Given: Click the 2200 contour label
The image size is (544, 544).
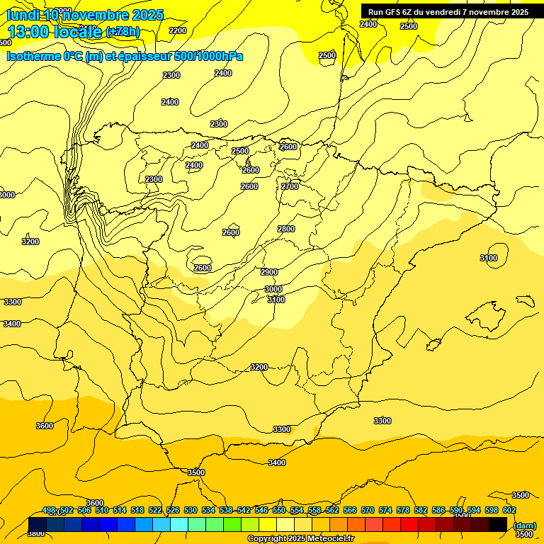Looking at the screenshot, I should pyautogui.click(x=178, y=30).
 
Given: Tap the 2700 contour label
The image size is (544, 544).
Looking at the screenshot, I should pyautogui.click(x=290, y=186).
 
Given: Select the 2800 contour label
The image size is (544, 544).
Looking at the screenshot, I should pyautogui.click(x=286, y=229).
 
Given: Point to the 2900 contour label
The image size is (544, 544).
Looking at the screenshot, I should pyautogui.click(x=269, y=272).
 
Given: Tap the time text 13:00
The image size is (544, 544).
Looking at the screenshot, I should pyautogui.click(x=29, y=31).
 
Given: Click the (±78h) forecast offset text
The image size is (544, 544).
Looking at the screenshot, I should pyautogui.click(x=123, y=32).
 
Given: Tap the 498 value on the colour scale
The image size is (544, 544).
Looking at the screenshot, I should pyautogui.click(x=49, y=510).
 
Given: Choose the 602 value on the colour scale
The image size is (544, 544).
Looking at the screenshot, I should pyautogui.click(x=509, y=510).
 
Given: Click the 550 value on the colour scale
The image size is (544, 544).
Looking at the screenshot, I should pyautogui.click(x=279, y=510).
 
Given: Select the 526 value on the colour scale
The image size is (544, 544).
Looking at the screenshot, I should pyautogui.click(x=173, y=510).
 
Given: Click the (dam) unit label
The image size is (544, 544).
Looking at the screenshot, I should pyautogui.click(x=524, y=525).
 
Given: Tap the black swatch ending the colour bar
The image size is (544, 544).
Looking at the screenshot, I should pyautogui.click(x=498, y=524).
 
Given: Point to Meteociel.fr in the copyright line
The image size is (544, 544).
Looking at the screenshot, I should pyautogui.click(x=331, y=539).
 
